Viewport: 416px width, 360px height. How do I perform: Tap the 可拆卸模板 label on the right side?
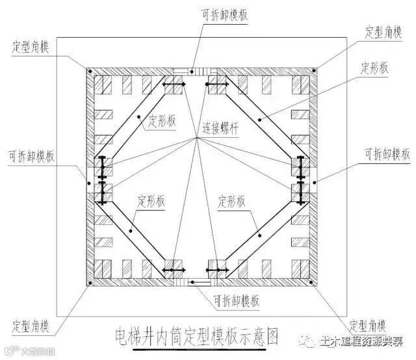point(387,154)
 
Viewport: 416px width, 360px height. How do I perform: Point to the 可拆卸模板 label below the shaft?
point(238,301)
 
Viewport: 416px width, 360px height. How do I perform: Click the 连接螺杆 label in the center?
point(220,129)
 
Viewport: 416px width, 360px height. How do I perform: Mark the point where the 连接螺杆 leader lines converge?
point(197,138)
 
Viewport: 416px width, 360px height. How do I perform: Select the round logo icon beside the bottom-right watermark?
point(305,341)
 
